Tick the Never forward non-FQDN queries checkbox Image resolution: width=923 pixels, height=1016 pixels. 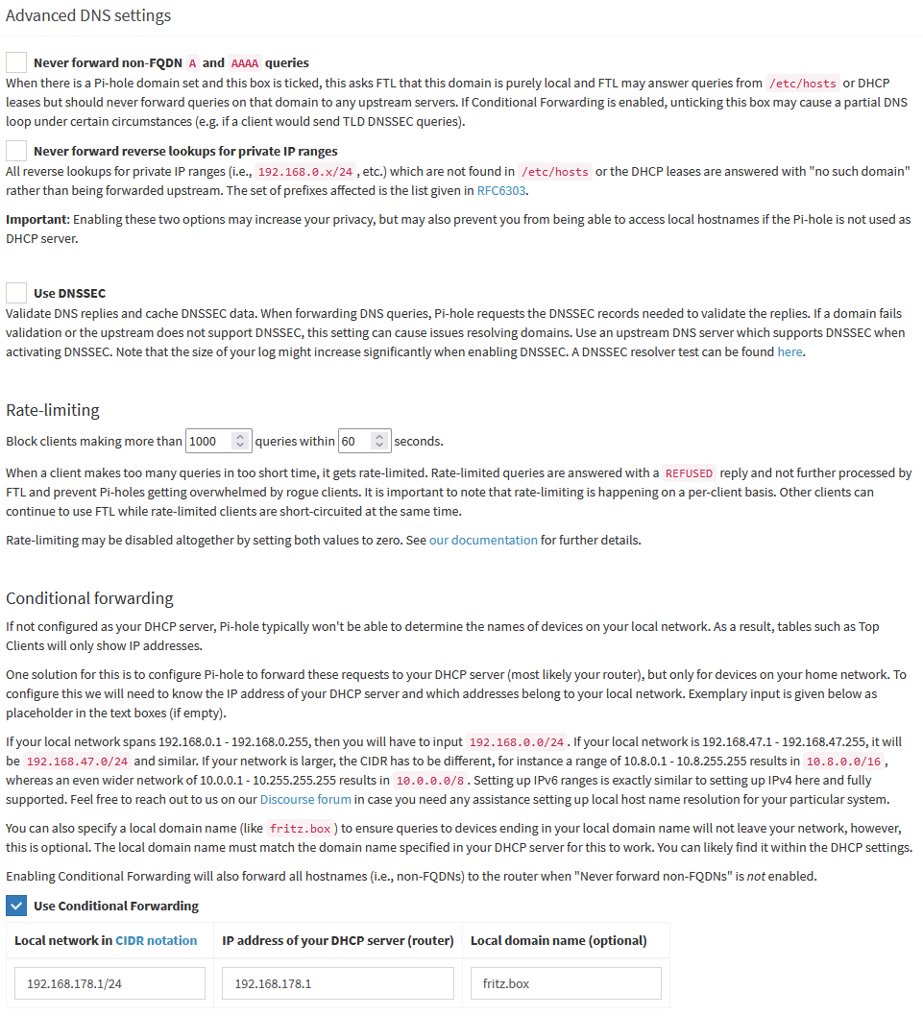(x=16, y=62)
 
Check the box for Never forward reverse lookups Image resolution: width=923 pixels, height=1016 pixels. (x=16, y=151)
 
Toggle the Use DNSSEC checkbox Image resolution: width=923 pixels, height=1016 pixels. (x=16, y=293)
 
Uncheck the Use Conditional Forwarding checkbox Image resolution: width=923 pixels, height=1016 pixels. (x=16, y=906)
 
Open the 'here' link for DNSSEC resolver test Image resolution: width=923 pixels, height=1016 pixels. (x=789, y=351)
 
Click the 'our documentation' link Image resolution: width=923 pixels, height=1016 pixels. (x=483, y=540)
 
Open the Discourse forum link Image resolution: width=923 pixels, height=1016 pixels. (x=304, y=799)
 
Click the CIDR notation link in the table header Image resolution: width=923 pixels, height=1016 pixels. (x=157, y=940)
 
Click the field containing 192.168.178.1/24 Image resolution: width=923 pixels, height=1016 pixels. (x=109, y=983)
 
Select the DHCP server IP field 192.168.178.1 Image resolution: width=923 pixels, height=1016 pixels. (x=337, y=983)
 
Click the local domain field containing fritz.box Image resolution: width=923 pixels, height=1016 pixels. (x=566, y=983)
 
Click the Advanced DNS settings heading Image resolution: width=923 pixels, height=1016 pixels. (x=88, y=16)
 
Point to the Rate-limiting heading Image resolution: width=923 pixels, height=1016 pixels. (x=53, y=410)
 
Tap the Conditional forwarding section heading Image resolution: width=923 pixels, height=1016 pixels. (x=89, y=598)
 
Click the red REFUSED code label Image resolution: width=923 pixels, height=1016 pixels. (x=689, y=473)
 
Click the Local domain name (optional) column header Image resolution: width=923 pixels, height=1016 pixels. (x=558, y=940)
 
